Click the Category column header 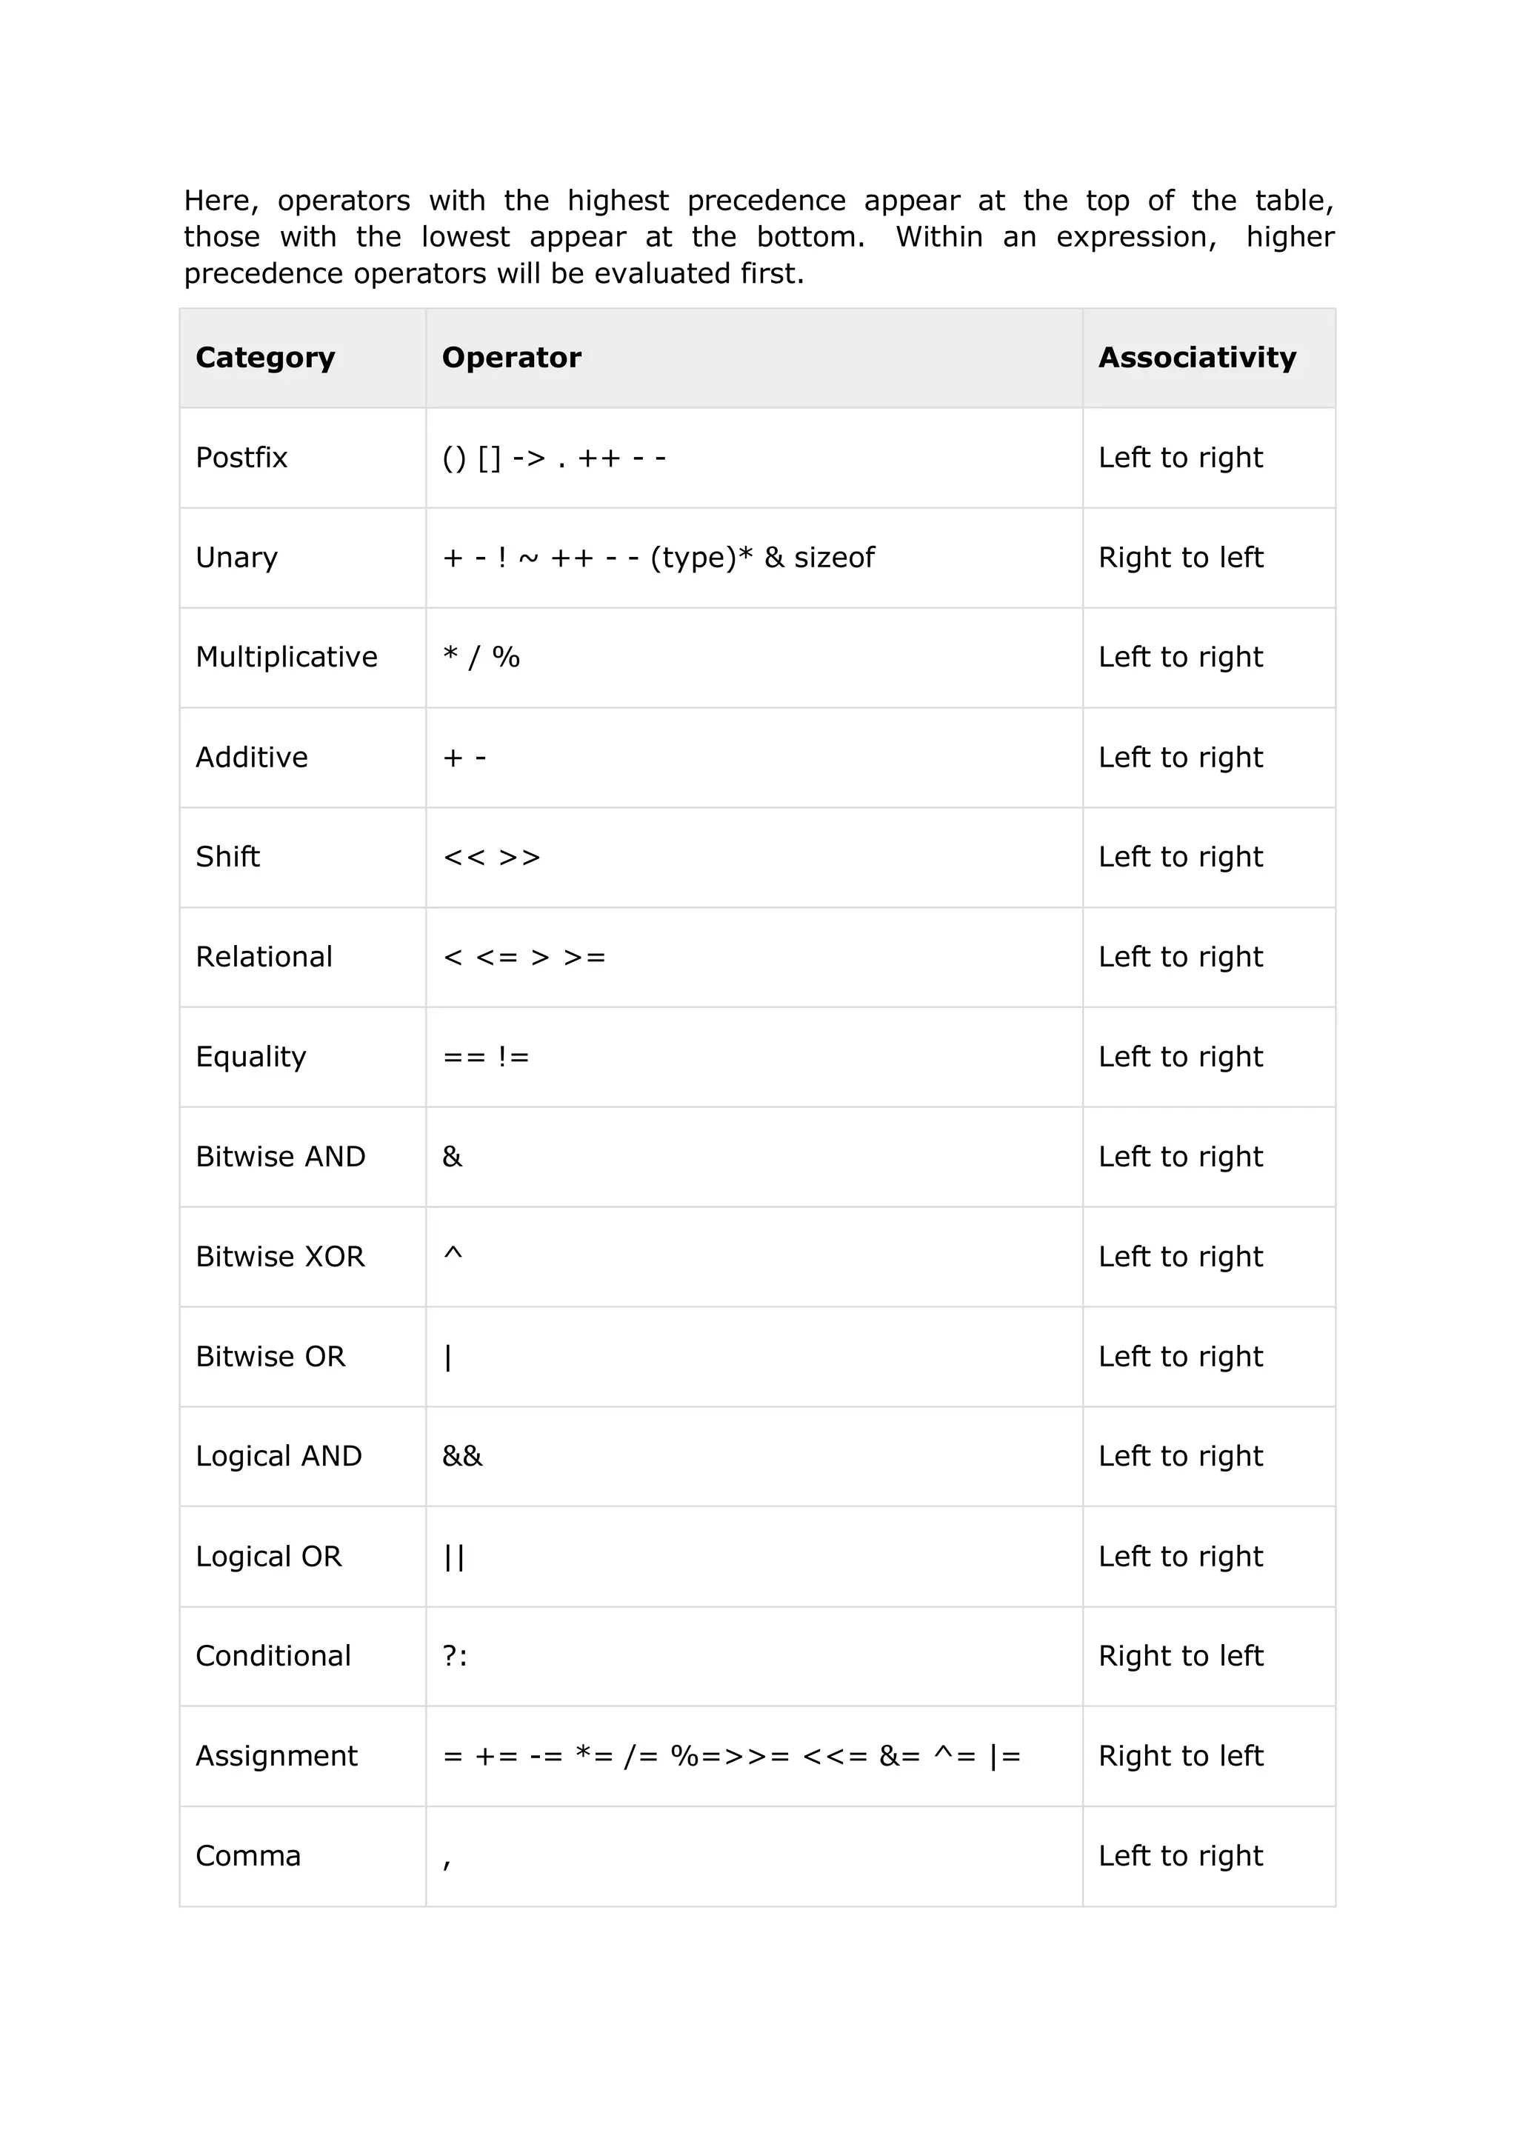point(265,358)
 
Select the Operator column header point(511,358)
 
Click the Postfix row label point(242,458)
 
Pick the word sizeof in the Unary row point(834,558)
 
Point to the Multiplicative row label point(287,658)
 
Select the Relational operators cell point(524,957)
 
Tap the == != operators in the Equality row point(486,1057)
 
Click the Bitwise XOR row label point(280,1257)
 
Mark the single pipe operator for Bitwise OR point(448,1357)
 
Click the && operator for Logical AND point(462,1457)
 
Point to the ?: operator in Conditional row point(455,1657)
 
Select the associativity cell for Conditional point(1181,1657)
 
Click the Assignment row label point(276,1757)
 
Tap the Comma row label point(248,1857)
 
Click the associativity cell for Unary point(1181,558)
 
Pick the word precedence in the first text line point(766,201)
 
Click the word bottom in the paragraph point(807,237)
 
